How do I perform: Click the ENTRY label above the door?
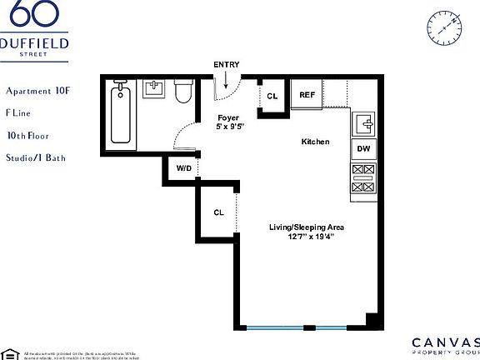click(226, 64)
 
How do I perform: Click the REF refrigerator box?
click(307, 95)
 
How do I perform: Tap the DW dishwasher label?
click(363, 149)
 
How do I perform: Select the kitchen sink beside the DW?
click(364, 124)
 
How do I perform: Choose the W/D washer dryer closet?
click(182, 167)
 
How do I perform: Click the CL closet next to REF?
click(272, 97)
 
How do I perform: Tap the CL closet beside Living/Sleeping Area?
click(218, 212)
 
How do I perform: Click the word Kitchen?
click(315, 142)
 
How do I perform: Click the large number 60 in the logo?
click(33, 15)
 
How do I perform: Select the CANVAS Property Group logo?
click(446, 346)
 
